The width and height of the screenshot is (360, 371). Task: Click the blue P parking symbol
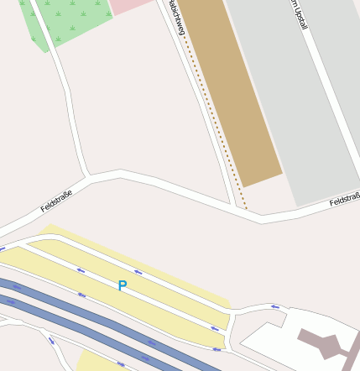tap(123, 286)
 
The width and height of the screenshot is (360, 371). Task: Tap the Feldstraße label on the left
tap(56, 201)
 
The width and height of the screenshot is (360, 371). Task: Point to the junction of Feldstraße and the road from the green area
tap(87, 178)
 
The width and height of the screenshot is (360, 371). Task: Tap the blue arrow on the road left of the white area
tap(275, 307)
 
